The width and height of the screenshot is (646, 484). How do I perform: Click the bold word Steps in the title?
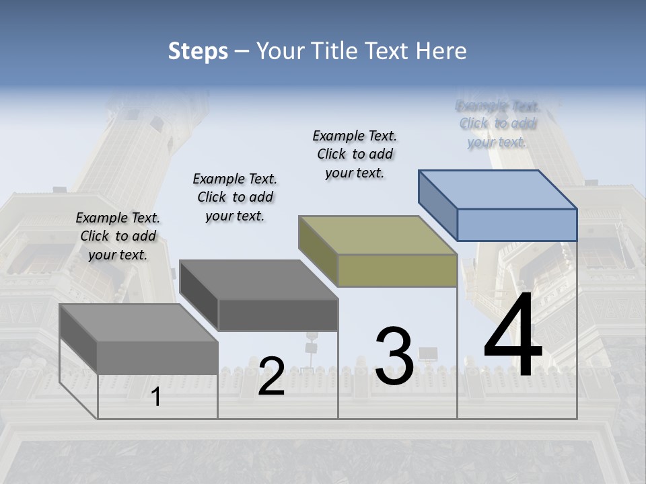click(198, 52)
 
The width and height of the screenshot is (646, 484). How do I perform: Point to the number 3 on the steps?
click(394, 356)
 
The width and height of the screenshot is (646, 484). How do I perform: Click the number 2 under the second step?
click(271, 376)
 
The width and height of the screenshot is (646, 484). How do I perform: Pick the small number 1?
click(156, 397)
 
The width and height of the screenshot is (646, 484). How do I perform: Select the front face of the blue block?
click(517, 225)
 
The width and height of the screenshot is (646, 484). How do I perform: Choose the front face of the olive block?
click(397, 270)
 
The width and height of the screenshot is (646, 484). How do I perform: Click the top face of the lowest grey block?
click(139, 323)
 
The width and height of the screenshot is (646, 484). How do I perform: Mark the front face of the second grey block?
click(278, 315)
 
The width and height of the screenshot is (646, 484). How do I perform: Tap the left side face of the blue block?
click(438, 205)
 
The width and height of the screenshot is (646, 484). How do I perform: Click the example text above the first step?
click(118, 237)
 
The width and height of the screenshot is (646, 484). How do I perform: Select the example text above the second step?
click(235, 198)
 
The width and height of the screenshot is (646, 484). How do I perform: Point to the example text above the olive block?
click(355, 154)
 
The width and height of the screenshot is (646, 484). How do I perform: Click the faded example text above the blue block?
click(497, 124)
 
